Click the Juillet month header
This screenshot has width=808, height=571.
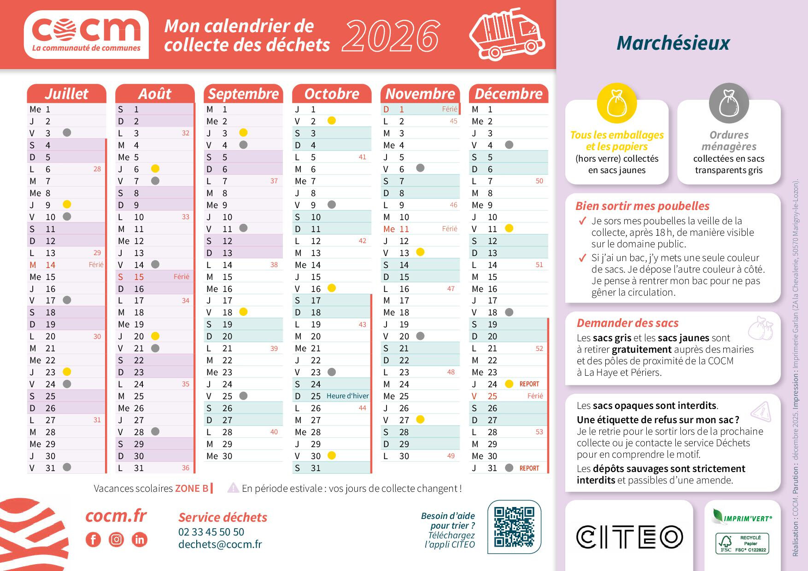click(x=66, y=93)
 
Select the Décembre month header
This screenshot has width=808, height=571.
click(x=509, y=93)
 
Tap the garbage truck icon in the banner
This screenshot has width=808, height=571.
click(x=507, y=34)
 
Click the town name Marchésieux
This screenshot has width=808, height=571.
click(x=673, y=43)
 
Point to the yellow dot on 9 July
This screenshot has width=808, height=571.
click(x=67, y=204)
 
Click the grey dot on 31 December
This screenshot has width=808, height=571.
click(x=509, y=467)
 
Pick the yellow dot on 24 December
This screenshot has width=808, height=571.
click(x=509, y=384)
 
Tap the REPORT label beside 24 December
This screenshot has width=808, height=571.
click(x=529, y=384)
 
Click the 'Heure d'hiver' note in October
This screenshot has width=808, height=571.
click(x=347, y=396)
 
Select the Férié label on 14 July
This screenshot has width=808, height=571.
click(x=96, y=265)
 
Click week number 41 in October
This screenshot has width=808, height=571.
click(x=362, y=157)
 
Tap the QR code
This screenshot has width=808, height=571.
click(x=514, y=526)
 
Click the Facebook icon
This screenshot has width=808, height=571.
click(x=93, y=539)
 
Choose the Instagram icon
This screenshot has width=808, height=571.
click(x=117, y=539)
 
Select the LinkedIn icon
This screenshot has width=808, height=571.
click(x=139, y=539)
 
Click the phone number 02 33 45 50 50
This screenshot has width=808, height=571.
click(x=211, y=532)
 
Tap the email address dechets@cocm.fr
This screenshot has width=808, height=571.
click(x=220, y=544)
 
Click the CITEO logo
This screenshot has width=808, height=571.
click(x=629, y=536)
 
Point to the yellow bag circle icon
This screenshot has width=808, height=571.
click(x=616, y=104)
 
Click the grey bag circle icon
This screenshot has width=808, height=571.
click(x=729, y=104)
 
